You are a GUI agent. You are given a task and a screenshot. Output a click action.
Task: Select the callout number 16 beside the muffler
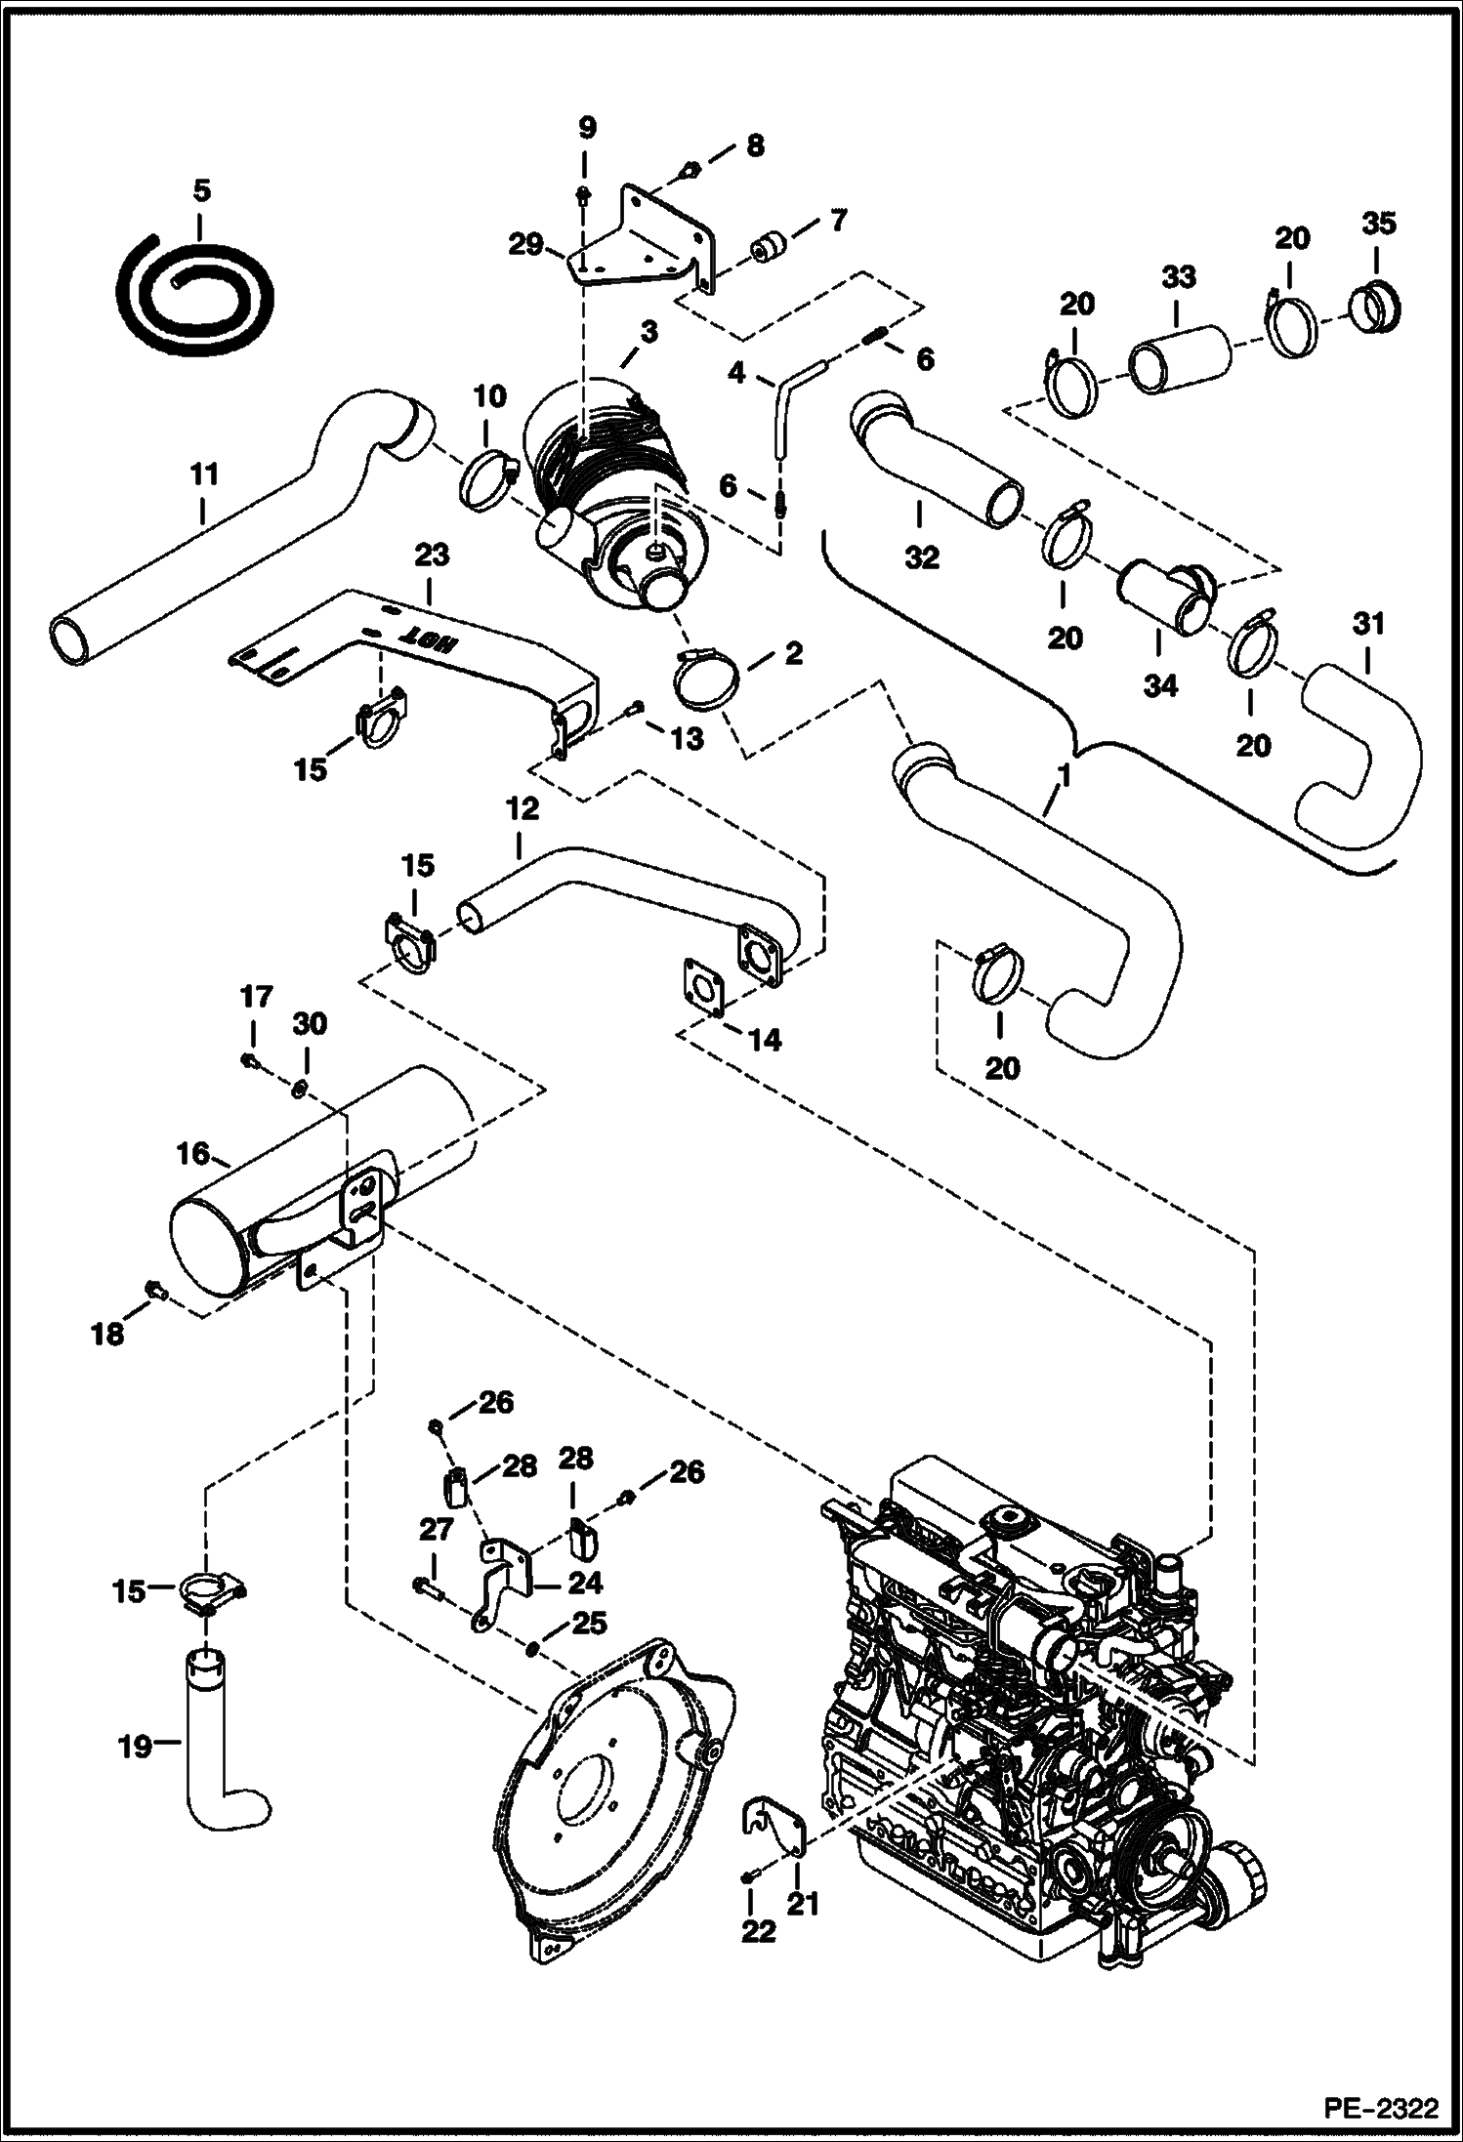[193, 1154]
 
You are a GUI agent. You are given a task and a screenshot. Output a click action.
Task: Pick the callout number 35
[1378, 224]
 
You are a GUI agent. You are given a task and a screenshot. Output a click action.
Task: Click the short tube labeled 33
[1179, 360]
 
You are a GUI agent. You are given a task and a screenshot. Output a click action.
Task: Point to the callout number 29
[527, 243]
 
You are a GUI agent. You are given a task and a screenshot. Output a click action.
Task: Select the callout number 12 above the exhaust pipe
[522, 810]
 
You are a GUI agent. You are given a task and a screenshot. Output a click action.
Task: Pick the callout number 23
[432, 556]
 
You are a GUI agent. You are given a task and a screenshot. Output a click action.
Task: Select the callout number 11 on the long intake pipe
[204, 475]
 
